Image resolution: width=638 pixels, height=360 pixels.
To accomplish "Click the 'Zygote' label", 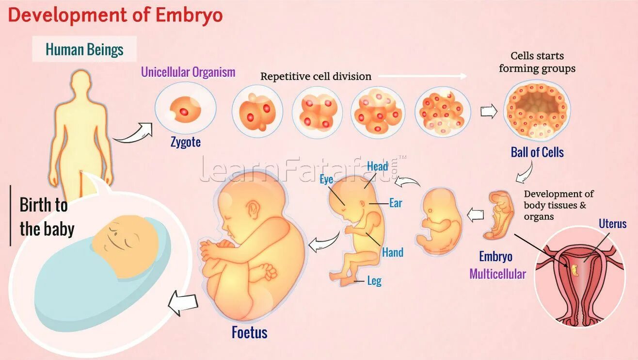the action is click(x=185, y=143).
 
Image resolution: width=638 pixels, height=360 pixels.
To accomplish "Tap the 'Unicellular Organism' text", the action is click(x=188, y=72).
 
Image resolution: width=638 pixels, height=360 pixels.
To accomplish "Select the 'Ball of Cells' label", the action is click(x=537, y=152).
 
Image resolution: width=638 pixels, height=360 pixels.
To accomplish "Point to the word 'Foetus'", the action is click(x=249, y=332).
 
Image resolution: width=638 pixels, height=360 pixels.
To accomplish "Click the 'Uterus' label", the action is click(x=612, y=224).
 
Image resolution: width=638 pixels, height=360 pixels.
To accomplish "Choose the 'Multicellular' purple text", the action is click(x=497, y=274).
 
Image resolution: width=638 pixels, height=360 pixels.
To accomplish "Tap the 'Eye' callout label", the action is click(x=326, y=180).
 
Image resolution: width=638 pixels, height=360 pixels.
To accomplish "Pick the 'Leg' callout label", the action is click(x=374, y=281).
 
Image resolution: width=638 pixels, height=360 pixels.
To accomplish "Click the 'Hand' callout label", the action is click(x=392, y=252).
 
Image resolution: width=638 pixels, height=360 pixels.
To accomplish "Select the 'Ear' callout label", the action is click(x=396, y=203).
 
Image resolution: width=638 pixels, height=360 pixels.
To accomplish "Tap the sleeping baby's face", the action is click(x=125, y=245).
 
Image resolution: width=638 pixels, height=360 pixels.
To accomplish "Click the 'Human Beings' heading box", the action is click(x=84, y=49).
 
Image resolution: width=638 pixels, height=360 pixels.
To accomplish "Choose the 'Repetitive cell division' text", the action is click(x=316, y=76).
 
